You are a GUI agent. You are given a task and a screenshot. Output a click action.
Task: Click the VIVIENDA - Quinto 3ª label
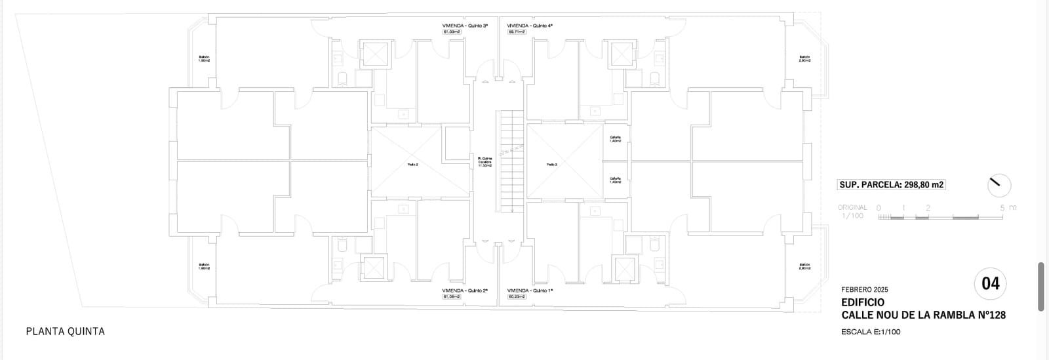(465, 26)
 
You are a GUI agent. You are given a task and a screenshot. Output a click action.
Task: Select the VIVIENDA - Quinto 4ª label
(530, 26)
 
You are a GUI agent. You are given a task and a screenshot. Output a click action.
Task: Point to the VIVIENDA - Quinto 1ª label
(530, 290)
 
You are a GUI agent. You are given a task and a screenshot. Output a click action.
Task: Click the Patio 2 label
(412, 165)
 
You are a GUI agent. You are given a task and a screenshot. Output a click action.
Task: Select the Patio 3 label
(551, 165)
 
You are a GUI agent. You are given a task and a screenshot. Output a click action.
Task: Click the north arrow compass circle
(999, 186)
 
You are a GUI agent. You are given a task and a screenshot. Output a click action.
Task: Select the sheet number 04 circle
(991, 284)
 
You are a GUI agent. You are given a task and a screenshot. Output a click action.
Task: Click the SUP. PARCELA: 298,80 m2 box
(892, 185)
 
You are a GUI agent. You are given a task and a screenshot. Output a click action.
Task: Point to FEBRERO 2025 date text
(865, 289)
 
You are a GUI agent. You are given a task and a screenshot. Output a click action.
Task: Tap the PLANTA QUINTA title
(66, 332)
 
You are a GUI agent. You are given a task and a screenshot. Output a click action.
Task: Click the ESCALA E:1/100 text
(871, 332)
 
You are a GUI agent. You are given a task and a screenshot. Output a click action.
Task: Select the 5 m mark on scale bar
(1002, 208)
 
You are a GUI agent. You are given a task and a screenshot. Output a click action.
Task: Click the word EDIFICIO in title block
(863, 302)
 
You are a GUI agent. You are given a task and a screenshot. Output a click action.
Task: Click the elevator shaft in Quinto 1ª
(622, 268)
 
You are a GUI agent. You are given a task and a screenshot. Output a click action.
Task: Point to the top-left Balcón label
(204, 58)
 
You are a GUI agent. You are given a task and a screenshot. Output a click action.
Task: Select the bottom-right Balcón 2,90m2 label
(805, 267)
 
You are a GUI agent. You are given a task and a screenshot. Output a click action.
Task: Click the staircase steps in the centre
(512, 161)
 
